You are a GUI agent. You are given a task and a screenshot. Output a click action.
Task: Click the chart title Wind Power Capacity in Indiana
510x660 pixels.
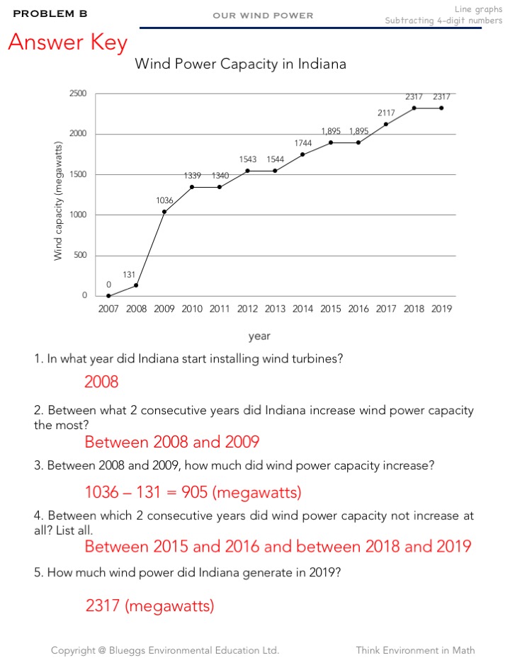coord(240,64)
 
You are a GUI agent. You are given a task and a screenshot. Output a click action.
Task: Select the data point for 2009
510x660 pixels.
coord(164,212)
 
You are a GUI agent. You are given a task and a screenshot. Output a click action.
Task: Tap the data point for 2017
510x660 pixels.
coord(386,124)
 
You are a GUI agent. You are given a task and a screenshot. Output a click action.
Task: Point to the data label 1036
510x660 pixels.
coord(164,200)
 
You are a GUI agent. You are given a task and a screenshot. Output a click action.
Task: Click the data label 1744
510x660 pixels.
coord(303,143)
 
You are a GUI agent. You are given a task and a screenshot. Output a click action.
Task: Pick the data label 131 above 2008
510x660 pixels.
coord(129,273)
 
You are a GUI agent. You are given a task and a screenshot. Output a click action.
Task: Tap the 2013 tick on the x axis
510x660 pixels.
coord(275,309)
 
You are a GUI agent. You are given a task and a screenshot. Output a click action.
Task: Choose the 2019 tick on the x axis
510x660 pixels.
coord(441,309)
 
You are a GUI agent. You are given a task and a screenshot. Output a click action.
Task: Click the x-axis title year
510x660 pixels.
coord(259,336)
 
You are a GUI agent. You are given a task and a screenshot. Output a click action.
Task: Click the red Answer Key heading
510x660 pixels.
coord(68,42)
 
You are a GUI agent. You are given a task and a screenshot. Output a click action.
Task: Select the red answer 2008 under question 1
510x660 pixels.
coord(101,382)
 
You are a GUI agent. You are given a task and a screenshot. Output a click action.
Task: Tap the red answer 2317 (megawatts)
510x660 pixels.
coord(149,606)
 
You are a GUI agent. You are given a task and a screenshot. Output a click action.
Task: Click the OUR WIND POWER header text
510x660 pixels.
coord(263,15)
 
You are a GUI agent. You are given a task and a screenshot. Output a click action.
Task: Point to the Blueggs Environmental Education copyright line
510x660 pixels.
coord(165,650)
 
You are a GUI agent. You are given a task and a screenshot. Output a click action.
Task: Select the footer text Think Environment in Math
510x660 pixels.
coord(415,650)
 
